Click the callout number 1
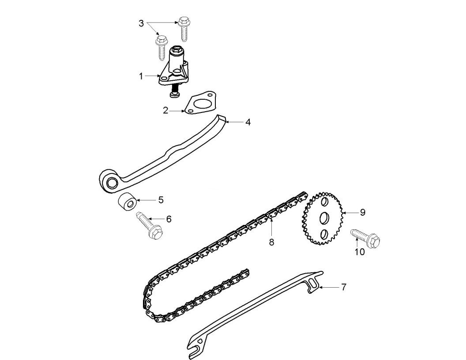coord(141,76)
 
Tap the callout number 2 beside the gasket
coord(165,110)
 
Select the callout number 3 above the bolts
coord(141,23)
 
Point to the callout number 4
coord(248,122)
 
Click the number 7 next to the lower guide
coord(343,287)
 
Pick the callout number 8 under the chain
coord(271,242)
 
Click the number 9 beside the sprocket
coord(362,212)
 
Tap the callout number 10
coord(360,252)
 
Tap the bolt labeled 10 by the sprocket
coord(366,238)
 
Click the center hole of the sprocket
coord(323,218)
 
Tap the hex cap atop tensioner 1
coord(177,50)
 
